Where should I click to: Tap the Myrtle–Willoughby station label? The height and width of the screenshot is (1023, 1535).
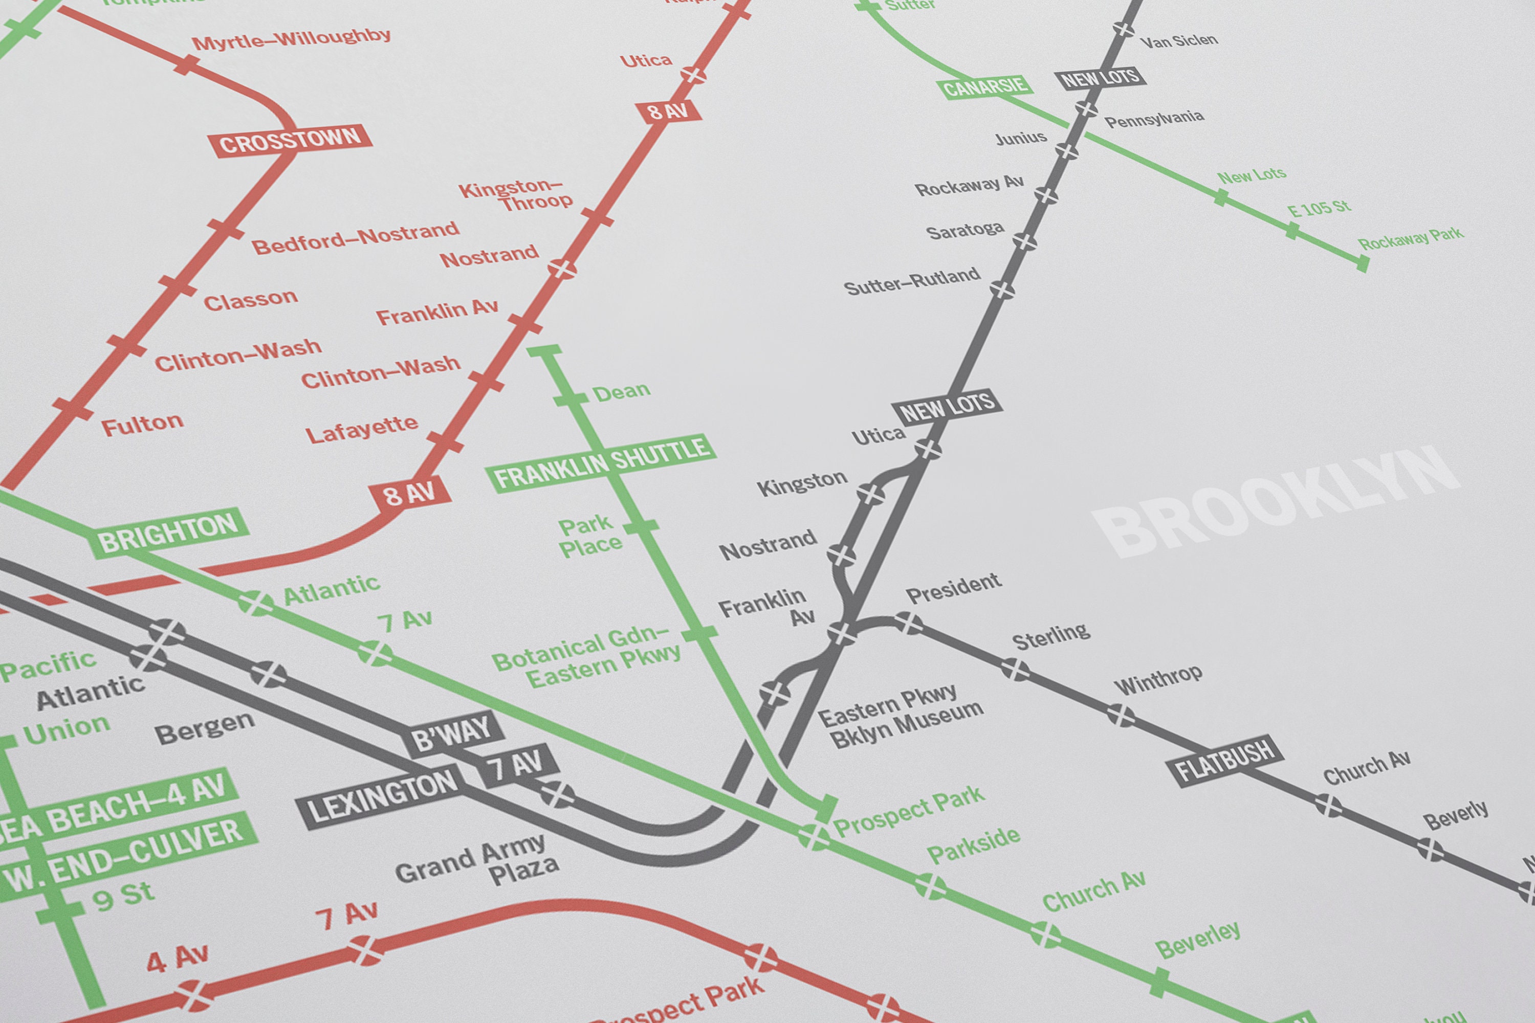(x=291, y=39)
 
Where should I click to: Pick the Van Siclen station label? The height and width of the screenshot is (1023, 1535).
(x=1179, y=41)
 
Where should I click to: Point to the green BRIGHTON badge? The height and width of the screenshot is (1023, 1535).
(x=168, y=533)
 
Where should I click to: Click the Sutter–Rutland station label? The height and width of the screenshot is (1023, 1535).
(x=912, y=281)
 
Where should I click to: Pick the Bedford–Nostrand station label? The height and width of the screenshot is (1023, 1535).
(x=356, y=237)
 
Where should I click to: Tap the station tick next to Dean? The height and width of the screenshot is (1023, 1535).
(x=571, y=398)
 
